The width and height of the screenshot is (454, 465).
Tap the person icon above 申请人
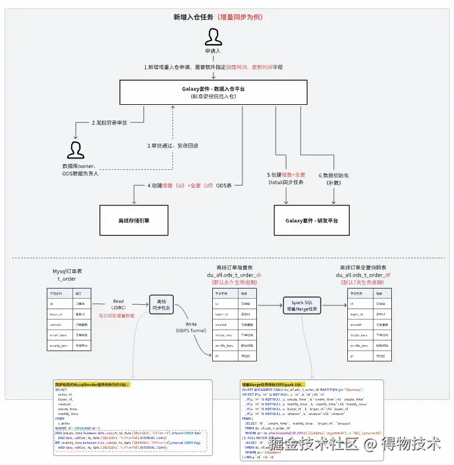[x=213, y=38]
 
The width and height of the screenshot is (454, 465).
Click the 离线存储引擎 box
[x=133, y=220]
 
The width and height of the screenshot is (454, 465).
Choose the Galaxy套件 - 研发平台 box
[x=312, y=220]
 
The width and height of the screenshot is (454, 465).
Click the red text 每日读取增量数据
[x=117, y=316]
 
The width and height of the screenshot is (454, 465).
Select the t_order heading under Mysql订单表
[x=68, y=279]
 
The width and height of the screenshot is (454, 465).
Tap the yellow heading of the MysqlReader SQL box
[x=92, y=384]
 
